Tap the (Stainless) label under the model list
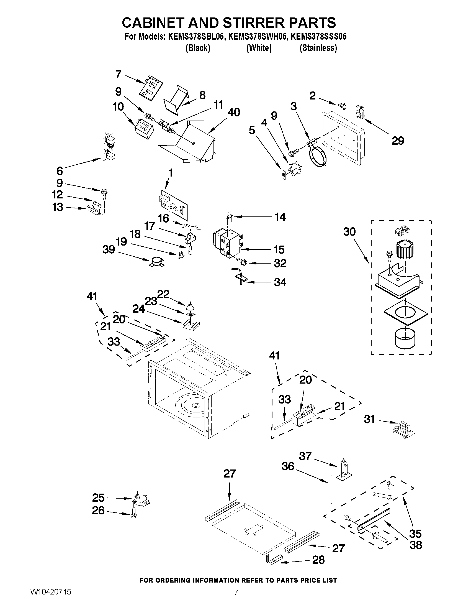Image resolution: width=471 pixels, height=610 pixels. click(x=318, y=48)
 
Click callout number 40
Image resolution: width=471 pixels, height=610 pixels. click(x=233, y=112)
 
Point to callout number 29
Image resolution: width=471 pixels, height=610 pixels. click(x=398, y=141)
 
